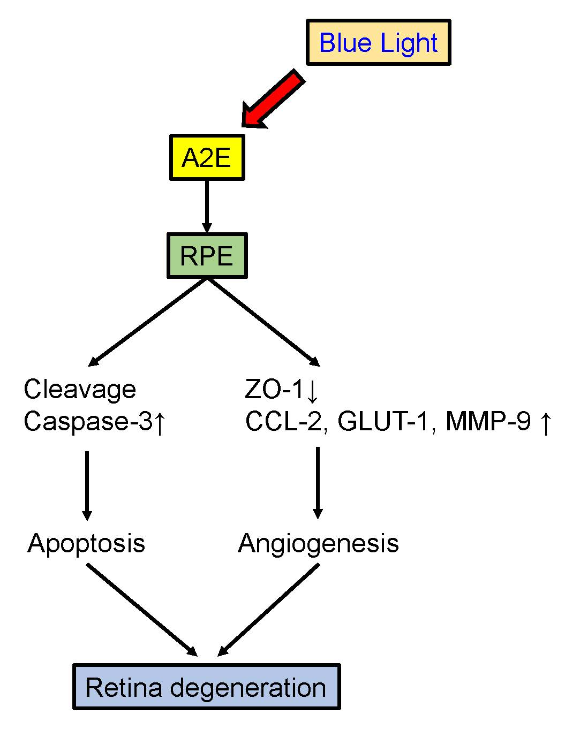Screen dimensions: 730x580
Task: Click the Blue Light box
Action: pos(378,42)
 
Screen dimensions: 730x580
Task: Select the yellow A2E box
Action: pos(207,157)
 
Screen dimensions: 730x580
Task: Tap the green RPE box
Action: pos(207,255)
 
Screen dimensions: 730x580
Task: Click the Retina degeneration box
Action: pos(206,687)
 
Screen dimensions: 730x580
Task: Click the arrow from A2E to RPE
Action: pos(207,206)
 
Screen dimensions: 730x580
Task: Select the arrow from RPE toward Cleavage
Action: pos(148,322)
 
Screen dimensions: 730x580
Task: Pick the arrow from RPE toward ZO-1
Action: pos(263,322)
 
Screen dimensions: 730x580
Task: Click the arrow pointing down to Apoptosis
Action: pos(87,485)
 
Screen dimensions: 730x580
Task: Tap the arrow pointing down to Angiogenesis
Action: pos(318,482)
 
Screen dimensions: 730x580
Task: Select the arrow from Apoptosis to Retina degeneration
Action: pos(142,610)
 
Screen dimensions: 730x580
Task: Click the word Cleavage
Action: pos(80,390)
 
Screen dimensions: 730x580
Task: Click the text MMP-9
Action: pos(488,422)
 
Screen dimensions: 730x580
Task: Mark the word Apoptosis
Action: pos(86,543)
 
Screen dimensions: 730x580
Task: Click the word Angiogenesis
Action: pos(318,543)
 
